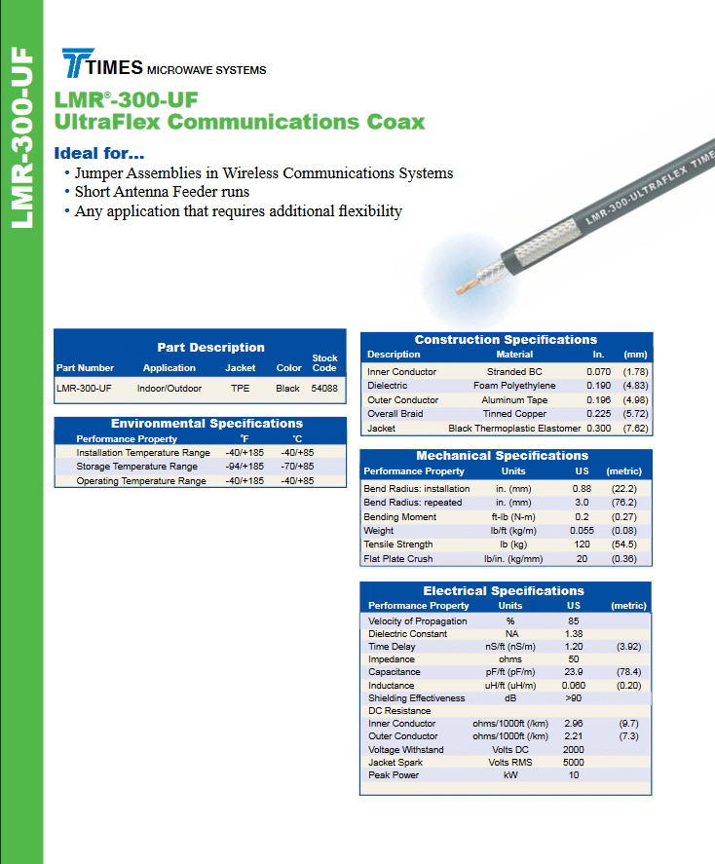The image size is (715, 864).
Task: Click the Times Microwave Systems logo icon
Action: tap(77, 62)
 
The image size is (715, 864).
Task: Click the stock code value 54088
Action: tap(324, 388)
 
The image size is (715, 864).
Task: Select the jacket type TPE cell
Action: tap(241, 388)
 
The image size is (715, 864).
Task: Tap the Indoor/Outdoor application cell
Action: tap(169, 388)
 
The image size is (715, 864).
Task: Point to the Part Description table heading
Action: tap(210, 347)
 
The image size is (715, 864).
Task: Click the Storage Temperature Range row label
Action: tap(136, 467)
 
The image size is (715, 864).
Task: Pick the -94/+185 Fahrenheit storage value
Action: tap(245, 467)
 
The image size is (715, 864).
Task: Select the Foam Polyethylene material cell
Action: tap(514, 385)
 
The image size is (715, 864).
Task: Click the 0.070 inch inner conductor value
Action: tap(598, 371)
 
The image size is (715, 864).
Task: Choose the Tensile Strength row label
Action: tap(397, 544)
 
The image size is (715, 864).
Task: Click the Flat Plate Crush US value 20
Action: tap(582, 558)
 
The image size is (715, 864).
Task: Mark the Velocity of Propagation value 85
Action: tap(574, 620)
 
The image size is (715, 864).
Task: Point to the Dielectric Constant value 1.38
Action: tap(574, 633)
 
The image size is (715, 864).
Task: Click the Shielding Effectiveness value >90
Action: tap(574, 697)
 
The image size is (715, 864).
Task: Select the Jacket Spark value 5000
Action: tap(574, 762)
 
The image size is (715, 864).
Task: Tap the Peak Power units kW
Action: tap(510, 774)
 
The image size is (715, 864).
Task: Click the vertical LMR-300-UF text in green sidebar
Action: tap(22, 137)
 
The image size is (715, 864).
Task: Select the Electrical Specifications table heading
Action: tap(504, 590)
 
